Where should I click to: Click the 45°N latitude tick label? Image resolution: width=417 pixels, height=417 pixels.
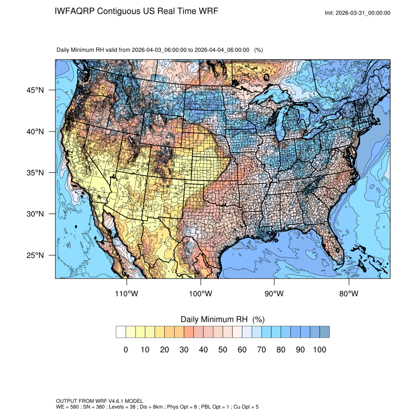(x=35, y=90)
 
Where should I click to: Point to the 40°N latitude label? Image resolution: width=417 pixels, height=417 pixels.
(x=35, y=131)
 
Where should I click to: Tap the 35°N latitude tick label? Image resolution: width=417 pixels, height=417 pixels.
(x=35, y=173)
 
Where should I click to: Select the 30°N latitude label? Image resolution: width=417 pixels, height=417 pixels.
(x=35, y=214)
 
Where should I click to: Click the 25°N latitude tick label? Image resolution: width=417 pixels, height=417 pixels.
(x=35, y=255)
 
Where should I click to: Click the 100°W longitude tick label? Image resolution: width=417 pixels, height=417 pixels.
(x=201, y=294)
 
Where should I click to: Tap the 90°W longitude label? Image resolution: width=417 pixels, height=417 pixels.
(x=275, y=294)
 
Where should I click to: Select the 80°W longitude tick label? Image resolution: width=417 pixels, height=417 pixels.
(x=349, y=294)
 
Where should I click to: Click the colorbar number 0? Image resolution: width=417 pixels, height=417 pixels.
(x=126, y=349)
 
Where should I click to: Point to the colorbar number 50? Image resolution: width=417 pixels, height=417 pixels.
(x=223, y=349)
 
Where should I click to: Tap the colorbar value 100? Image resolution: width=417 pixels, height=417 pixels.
(x=319, y=349)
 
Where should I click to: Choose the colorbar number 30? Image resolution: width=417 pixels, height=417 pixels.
(x=184, y=349)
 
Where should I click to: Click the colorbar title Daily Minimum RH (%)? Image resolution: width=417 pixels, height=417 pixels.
(x=223, y=319)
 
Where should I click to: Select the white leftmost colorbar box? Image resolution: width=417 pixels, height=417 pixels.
(x=121, y=332)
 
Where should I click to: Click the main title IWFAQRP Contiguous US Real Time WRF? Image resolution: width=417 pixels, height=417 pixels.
(x=137, y=11)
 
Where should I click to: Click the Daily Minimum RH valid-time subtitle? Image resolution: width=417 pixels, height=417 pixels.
(x=160, y=50)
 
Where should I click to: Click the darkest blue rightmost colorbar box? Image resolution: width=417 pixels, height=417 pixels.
(x=324, y=332)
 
